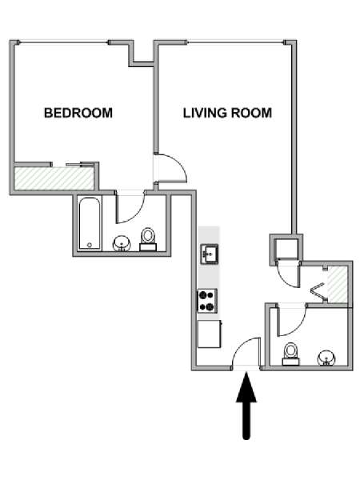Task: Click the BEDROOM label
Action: click(x=78, y=113)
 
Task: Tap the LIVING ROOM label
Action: click(x=227, y=113)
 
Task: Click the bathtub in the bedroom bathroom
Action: click(x=89, y=224)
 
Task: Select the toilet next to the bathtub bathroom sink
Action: click(x=148, y=240)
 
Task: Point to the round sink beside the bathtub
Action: click(x=122, y=243)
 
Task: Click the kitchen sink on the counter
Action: click(x=210, y=254)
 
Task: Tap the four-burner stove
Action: click(x=207, y=301)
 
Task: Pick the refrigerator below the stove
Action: click(x=210, y=334)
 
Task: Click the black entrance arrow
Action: click(x=246, y=406)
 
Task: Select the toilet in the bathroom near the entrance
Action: click(x=290, y=354)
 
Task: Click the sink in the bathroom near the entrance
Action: click(x=326, y=358)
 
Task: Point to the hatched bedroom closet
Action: click(x=54, y=178)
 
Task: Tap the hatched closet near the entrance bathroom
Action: click(x=338, y=284)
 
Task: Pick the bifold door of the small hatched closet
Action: click(x=318, y=291)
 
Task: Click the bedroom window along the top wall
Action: click(x=64, y=42)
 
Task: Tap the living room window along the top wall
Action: click(x=235, y=42)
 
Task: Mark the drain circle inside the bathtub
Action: click(x=90, y=245)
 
